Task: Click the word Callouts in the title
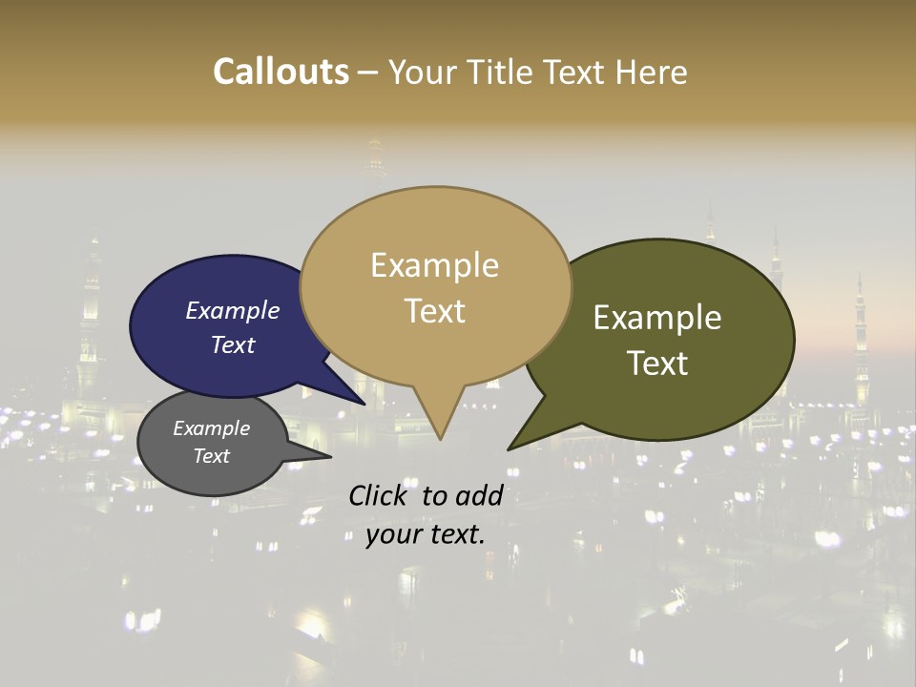[x=281, y=72]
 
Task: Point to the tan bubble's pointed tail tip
[x=440, y=439]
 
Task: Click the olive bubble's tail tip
[x=509, y=449]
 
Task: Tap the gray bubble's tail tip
[x=330, y=456]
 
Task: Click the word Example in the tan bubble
[x=434, y=265]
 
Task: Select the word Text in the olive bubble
[x=658, y=363]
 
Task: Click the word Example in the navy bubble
[x=232, y=310]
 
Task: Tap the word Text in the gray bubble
[x=212, y=456]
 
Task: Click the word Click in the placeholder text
[x=379, y=495]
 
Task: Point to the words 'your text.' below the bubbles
[x=426, y=534]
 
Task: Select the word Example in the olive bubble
[x=657, y=318]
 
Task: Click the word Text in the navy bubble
[x=233, y=344]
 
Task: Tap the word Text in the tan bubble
[x=435, y=311]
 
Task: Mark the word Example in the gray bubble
[x=211, y=428]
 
